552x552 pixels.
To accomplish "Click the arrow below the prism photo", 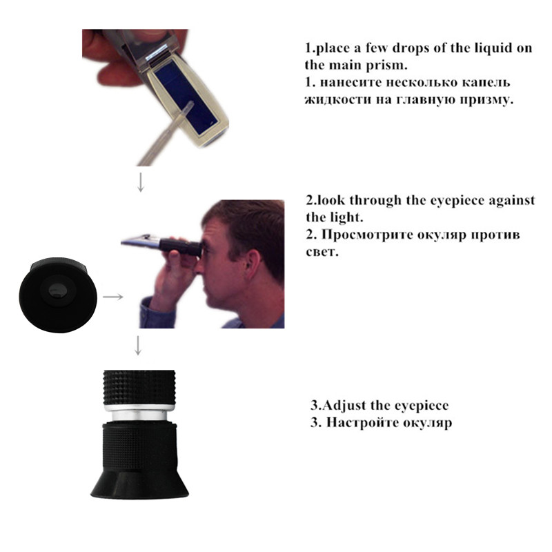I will [x=140, y=181].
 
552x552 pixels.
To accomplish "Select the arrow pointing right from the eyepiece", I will [x=114, y=297].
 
